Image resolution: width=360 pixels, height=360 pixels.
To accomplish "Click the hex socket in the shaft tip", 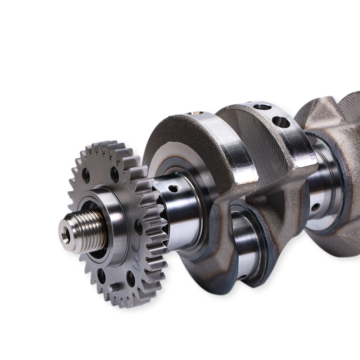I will coord(65,236).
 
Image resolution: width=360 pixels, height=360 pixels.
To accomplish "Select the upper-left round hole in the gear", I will coord(86,175).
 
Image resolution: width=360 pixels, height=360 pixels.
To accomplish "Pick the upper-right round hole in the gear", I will coord(114,174).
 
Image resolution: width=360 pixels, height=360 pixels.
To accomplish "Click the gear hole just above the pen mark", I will coord(138,227).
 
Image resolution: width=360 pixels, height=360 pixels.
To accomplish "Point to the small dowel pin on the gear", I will coord(114,287).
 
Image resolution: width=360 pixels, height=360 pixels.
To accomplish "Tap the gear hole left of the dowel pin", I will coord(102,276).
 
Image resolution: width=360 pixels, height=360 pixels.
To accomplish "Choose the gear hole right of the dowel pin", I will coord(131,278).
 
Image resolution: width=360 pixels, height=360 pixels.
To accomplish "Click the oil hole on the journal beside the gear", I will coord(174,188).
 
